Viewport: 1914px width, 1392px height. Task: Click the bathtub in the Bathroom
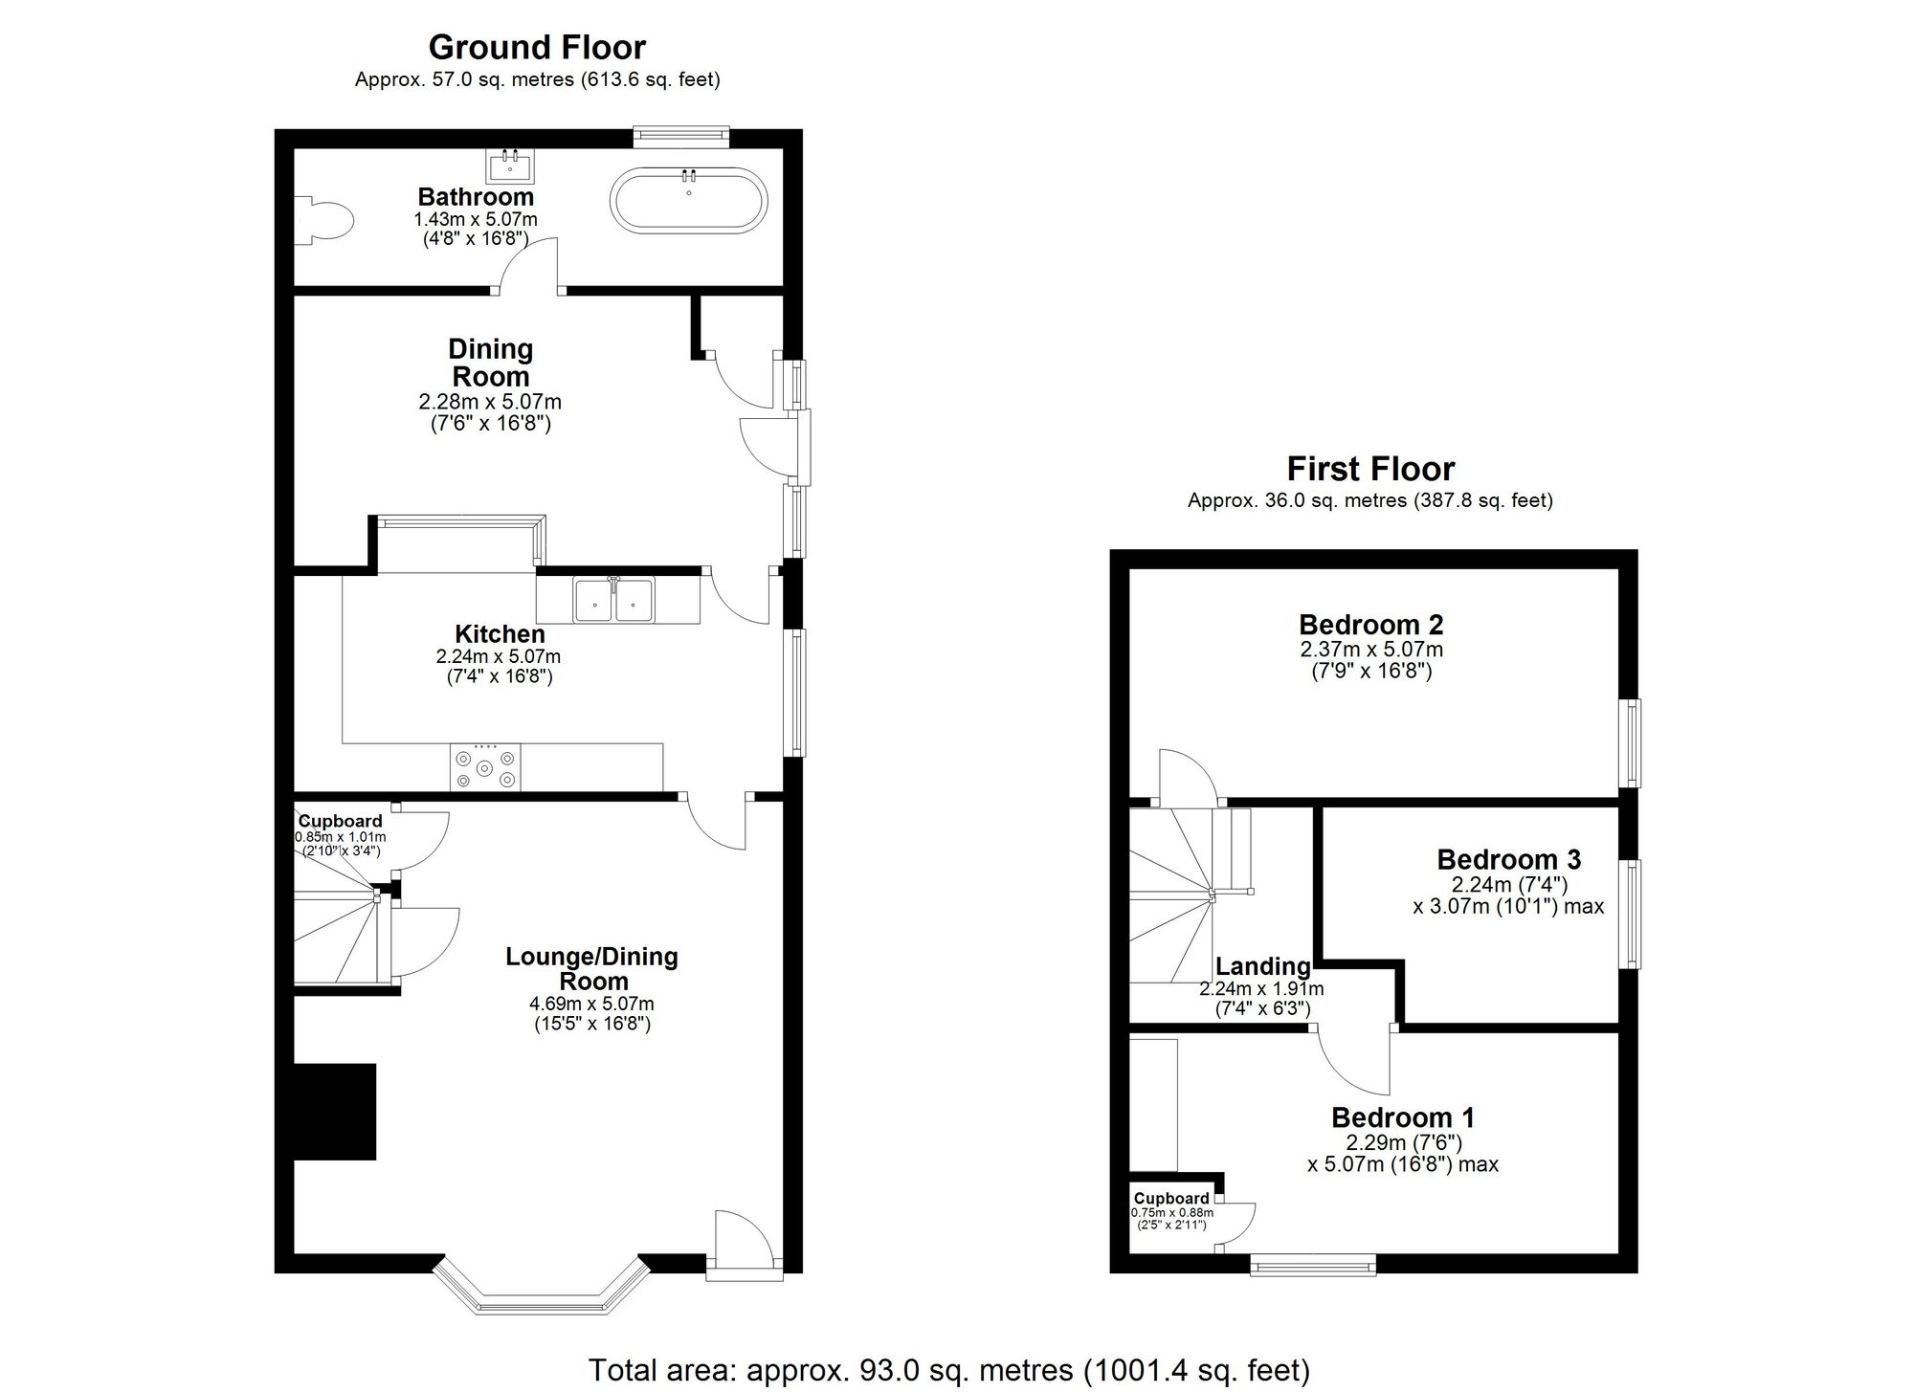coord(688,199)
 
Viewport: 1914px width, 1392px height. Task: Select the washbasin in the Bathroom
coord(511,166)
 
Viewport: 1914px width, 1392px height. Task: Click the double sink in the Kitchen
coord(613,600)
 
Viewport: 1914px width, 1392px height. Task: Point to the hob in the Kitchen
coord(485,767)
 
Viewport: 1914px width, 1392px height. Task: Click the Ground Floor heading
coord(537,47)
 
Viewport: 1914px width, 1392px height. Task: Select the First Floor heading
coord(1370,469)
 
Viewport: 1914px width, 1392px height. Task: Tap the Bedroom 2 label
coord(1370,625)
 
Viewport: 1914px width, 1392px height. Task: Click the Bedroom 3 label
coord(1508,859)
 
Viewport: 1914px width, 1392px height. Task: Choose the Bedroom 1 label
coord(1402,1117)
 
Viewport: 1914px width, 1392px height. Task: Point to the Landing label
coord(1262,966)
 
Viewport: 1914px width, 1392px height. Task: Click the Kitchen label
coord(500,634)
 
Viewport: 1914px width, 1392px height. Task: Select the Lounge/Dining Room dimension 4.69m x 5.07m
coord(591,1004)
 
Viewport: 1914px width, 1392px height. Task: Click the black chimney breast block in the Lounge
coord(334,1112)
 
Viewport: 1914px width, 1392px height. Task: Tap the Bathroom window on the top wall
coord(681,137)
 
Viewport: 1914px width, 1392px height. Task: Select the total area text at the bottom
coord(948,1370)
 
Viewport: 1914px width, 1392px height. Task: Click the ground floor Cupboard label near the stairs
coord(340,821)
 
